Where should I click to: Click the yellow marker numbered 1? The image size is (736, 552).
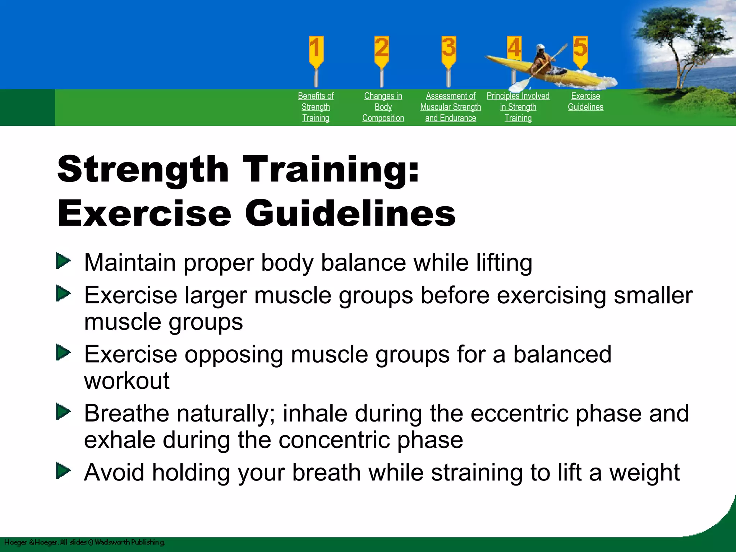(x=316, y=50)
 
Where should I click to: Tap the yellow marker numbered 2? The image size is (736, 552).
(x=382, y=50)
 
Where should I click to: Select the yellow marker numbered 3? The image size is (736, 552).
(x=448, y=50)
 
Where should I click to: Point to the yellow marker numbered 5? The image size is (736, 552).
(x=580, y=50)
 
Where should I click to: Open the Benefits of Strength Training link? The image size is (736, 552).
(x=316, y=107)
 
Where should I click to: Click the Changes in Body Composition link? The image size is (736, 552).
(x=383, y=107)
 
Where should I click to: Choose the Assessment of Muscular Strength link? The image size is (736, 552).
(x=450, y=107)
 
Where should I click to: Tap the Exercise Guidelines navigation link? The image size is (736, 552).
(x=585, y=101)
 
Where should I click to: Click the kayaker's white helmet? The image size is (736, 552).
(x=540, y=47)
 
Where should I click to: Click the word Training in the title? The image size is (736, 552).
(x=331, y=169)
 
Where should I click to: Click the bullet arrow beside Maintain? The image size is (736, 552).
(x=64, y=261)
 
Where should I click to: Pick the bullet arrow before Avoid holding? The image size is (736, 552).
(x=64, y=471)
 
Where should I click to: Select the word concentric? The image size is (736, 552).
(x=334, y=440)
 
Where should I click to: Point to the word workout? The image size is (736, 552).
(x=126, y=381)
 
